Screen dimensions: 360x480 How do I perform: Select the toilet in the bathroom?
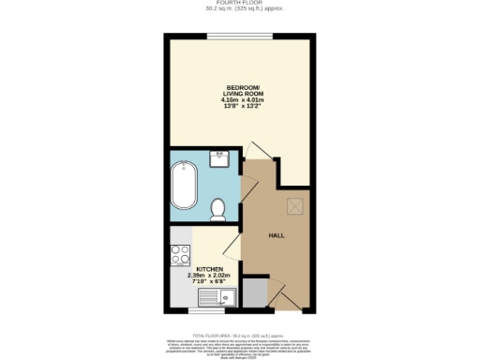[218, 209]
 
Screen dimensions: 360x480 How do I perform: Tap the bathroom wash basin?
[221, 157]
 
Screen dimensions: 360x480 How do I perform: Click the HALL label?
[277, 236]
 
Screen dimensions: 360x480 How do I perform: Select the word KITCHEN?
[208, 268]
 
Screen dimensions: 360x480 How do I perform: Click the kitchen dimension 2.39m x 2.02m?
[208, 275]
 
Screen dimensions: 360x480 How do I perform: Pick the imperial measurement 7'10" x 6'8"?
[208, 281]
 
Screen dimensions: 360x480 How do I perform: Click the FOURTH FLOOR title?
[239, 4]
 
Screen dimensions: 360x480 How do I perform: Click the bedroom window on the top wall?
[240, 37]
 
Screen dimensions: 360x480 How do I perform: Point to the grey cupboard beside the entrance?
[254, 293]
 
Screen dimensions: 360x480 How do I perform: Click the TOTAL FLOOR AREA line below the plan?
[239, 333]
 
